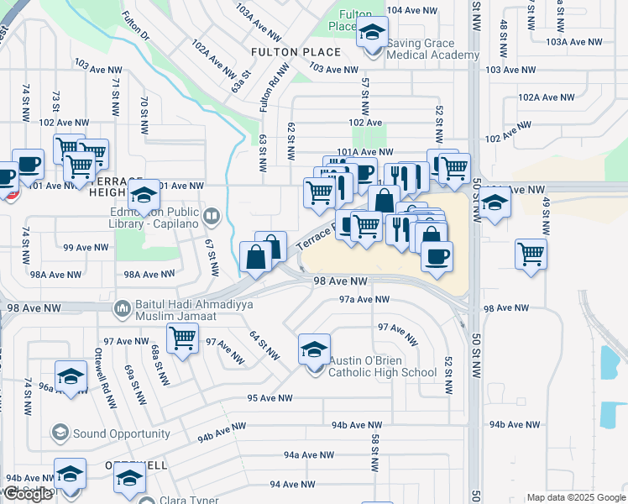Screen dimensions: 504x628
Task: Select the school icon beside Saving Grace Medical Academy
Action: [369, 34]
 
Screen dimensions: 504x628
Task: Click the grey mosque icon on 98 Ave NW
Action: [122, 309]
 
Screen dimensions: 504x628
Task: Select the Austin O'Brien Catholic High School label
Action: [383, 366]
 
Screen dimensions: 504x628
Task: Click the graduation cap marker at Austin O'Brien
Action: [314, 349]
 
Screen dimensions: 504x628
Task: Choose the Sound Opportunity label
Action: [121, 434]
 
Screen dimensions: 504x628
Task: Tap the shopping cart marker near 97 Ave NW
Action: [182, 338]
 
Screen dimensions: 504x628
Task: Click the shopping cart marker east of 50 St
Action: [531, 253]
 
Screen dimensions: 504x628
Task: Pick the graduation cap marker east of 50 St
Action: [495, 203]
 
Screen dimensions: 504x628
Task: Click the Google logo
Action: [28, 494]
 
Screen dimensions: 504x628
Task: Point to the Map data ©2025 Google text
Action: [575, 497]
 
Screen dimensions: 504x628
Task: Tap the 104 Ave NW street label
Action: [412, 10]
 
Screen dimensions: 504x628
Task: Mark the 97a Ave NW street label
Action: [364, 299]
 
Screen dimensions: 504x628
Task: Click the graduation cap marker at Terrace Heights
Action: [144, 196]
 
